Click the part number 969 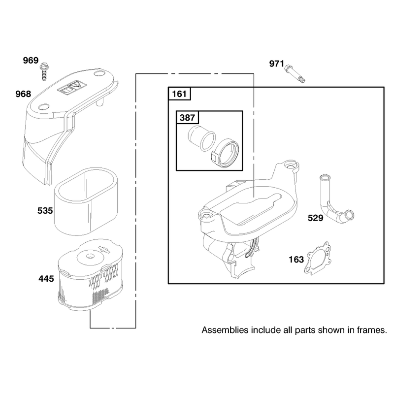pyautogui.click(x=31, y=61)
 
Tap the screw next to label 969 pyautogui.click(x=43, y=71)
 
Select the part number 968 pyautogui.click(x=23, y=94)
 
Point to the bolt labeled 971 pyautogui.click(x=295, y=73)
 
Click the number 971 pyautogui.click(x=277, y=64)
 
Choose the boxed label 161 pyautogui.click(x=179, y=94)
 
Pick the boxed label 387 pyautogui.click(x=187, y=117)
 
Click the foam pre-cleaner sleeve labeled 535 pyautogui.click(x=86, y=201)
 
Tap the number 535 pyautogui.click(x=45, y=211)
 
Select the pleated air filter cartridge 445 pyautogui.click(x=91, y=275)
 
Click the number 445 pyautogui.click(x=46, y=279)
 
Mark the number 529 pyautogui.click(x=316, y=218)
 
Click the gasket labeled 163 pyautogui.click(x=317, y=259)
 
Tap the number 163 pyautogui.click(x=296, y=260)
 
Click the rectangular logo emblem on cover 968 pyautogui.click(x=72, y=88)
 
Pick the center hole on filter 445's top pyautogui.click(x=90, y=256)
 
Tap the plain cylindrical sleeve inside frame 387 pyautogui.click(x=201, y=138)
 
